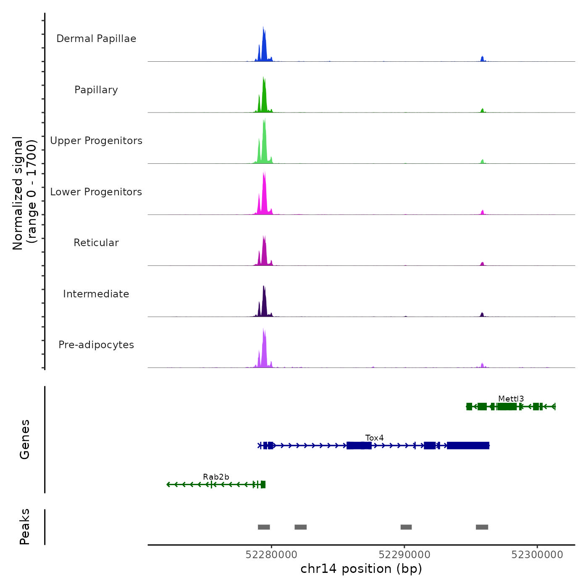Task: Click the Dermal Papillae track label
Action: point(96,39)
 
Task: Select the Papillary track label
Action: point(96,90)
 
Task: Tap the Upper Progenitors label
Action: point(96,141)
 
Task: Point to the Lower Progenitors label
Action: point(96,192)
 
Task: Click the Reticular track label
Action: point(96,243)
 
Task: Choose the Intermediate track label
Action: point(96,294)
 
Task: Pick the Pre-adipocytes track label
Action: point(96,345)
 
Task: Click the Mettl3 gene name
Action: point(511,399)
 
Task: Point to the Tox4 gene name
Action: point(374,438)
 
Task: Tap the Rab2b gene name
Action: point(216,477)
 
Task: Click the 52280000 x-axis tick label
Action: point(271,555)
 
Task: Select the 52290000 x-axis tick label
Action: point(404,555)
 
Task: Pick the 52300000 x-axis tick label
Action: point(537,555)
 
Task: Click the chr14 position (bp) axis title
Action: point(361,569)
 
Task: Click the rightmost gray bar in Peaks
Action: point(482,527)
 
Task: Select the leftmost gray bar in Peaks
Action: point(264,527)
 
